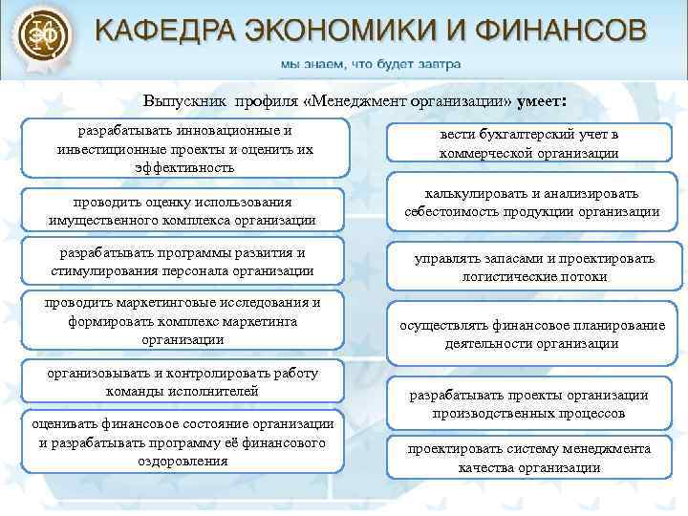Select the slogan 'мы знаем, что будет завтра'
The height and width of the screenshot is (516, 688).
point(370,65)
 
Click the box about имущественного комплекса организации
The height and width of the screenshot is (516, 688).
point(182,210)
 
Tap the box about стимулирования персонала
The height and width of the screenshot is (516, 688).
point(182,261)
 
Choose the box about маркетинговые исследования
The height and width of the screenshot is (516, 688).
point(182,320)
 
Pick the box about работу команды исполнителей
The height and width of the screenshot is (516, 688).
point(182,381)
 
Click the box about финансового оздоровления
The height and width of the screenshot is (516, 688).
point(182,442)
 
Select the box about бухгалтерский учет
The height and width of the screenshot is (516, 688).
point(528,143)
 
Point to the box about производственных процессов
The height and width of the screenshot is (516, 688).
point(528,404)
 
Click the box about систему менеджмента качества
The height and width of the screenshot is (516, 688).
point(528,458)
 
